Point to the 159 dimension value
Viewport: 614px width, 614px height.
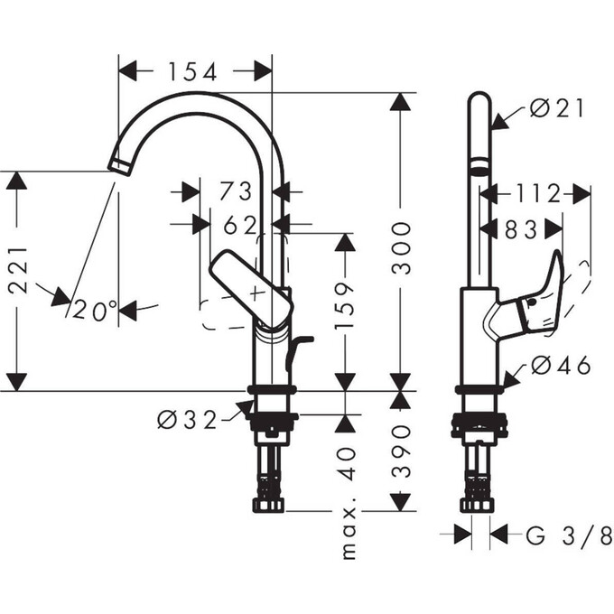pyautogui.click(x=344, y=308)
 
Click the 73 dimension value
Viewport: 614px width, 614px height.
pyautogui.click(x=236, y=191)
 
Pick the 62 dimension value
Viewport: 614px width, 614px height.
pyautogui.click(x=240, y=223)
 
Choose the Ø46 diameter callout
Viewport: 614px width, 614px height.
pyautogui.click(x=561, y=366)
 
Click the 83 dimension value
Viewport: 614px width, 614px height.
pyautogui.click(x=521, y=229)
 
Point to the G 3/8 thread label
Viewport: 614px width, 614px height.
pyautogui.click(x=569, y=535)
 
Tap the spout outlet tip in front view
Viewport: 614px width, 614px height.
pyautogui.click(x=119, y=164)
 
